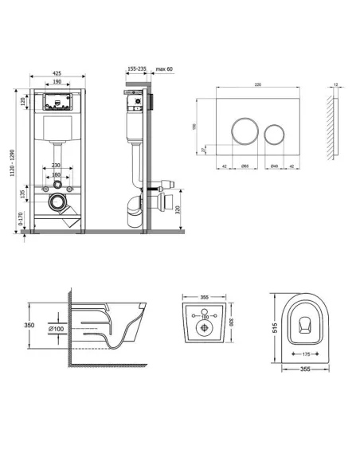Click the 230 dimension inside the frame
[56, 166]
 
